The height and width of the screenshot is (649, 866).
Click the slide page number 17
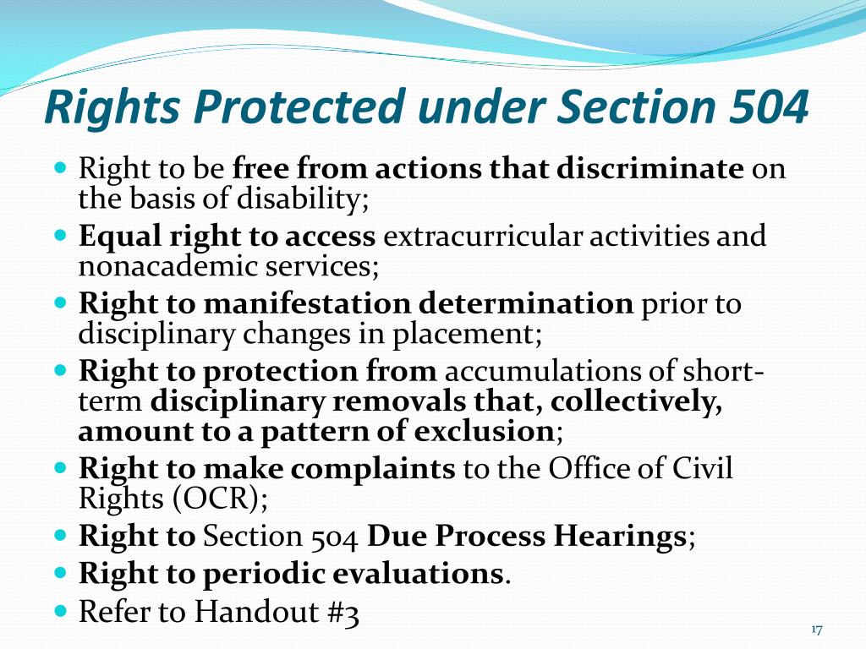817,630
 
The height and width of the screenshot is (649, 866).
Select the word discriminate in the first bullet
650,168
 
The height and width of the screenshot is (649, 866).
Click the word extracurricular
483,237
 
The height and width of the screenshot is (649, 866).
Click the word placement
464,335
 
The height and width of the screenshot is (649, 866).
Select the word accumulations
542,371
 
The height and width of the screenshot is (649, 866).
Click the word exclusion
484,432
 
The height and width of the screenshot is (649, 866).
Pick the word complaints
373,469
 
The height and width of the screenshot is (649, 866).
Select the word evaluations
418,574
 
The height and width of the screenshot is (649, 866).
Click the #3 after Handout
343,613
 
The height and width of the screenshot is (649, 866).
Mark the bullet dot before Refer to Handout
61,610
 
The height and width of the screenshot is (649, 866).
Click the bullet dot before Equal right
61,235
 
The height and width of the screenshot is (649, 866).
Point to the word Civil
702,468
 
